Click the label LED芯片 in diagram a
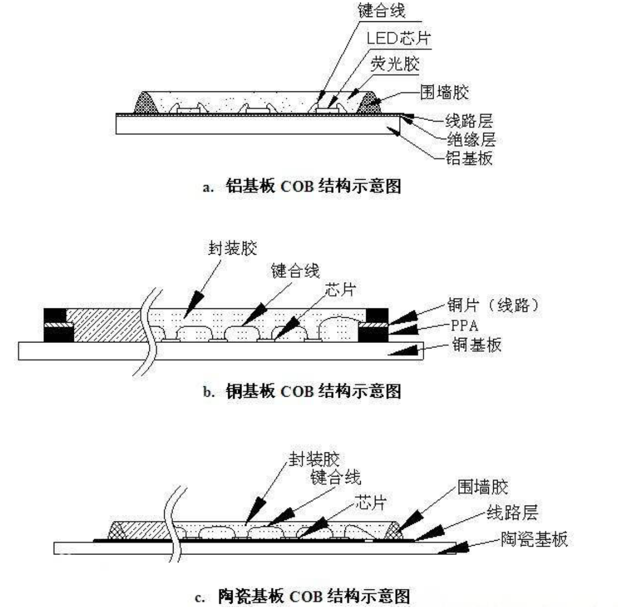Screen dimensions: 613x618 (398, 38)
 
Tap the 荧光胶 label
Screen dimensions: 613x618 (395, 65)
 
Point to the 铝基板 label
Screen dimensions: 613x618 (469, 158)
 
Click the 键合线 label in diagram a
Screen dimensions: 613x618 (382, 11)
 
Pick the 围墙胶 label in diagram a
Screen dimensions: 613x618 (444, 92)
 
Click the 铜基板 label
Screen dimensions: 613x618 (477, 345)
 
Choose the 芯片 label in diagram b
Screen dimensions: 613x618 (339, 290)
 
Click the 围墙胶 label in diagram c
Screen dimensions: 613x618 (483, 487)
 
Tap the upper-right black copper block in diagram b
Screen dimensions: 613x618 (377, 316)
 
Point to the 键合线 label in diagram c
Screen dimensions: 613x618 (335, 477)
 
